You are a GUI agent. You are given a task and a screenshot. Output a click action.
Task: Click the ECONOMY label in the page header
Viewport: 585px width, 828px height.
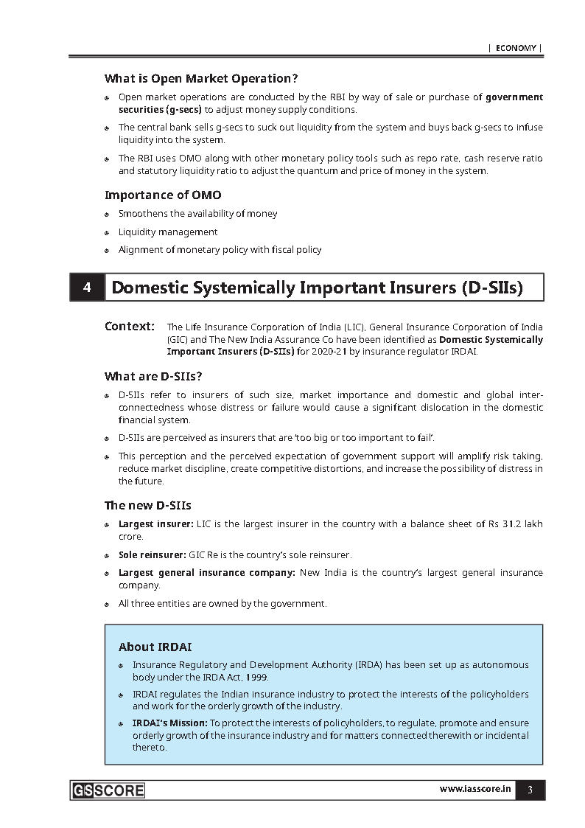pyautogui.click(x=515, y=48)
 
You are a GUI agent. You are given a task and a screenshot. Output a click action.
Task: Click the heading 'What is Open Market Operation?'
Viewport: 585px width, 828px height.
pyautogui.click(x=200, y=78)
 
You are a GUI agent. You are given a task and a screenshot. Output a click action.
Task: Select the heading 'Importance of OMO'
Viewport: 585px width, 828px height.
pyautogui.click(x=163, y=195)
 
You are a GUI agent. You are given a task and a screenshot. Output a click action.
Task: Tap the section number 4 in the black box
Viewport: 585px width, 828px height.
pyautogui.click(x=87, y=288)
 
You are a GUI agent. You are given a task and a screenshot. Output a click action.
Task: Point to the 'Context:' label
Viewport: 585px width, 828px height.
pyautogui.click(x=130, y=326)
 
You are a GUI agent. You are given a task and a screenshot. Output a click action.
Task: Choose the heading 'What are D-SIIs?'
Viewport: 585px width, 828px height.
pyautogui.click(x=153, y=377)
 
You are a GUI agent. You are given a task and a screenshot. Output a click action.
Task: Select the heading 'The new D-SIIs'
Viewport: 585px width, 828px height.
pyautogui.click(x=147, y=505)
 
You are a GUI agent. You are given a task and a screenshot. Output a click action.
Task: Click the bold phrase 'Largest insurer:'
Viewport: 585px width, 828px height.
pyautogui.click(x=155, y=524)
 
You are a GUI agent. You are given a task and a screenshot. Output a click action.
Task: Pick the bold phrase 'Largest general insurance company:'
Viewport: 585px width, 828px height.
pyautogui.click(x=207, y=573)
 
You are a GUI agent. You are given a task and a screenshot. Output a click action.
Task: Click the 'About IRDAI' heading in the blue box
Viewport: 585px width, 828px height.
pyautogui.click(x=155, y=647)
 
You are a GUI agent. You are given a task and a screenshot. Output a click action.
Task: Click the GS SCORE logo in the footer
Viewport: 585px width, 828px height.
pyautogui.click(x=108, y=790)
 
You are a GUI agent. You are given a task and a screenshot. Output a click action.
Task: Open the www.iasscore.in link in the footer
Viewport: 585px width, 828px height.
pyautogui.click(x=475, y=790)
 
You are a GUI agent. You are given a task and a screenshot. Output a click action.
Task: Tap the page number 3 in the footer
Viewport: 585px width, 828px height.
pyautogui.click(x=530, y=790)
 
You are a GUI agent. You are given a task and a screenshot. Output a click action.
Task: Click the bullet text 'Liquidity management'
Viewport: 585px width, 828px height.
pyautogui.click(x=168, y=232)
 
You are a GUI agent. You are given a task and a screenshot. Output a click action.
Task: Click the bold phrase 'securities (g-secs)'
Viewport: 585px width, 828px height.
pyautogui.click(x=160, y=109)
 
